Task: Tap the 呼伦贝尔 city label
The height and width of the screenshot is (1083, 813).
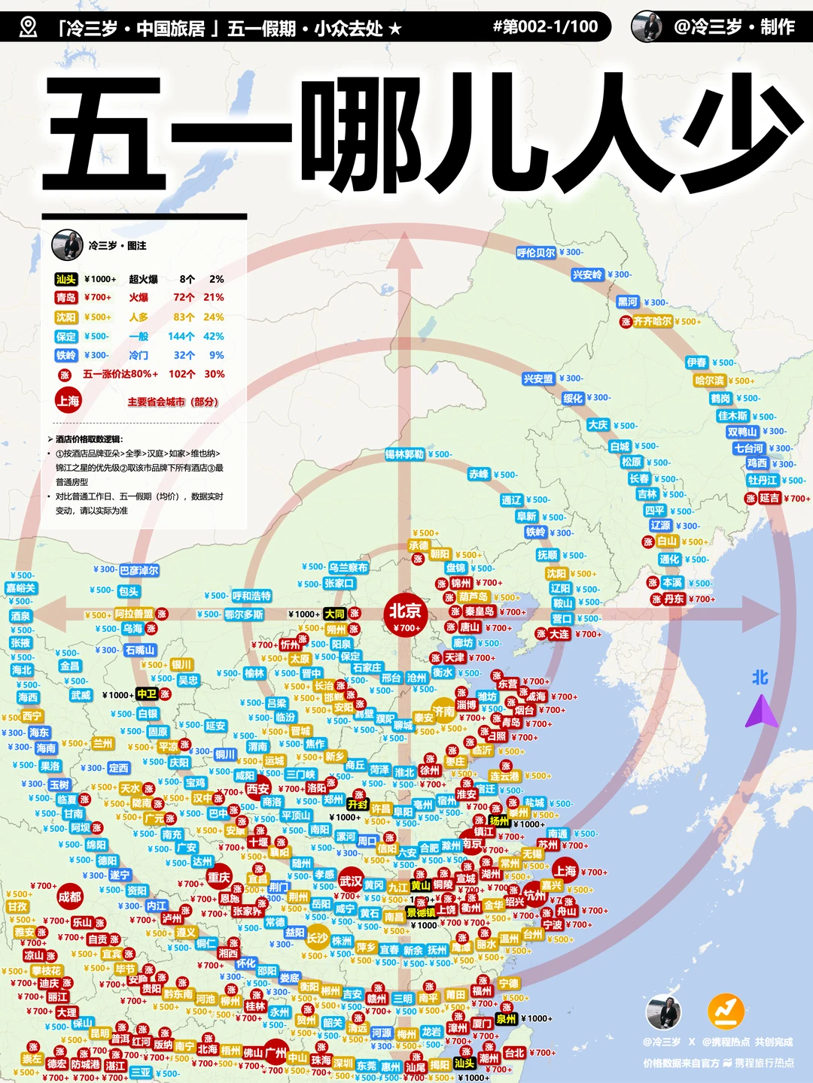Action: click(x=536, y=253)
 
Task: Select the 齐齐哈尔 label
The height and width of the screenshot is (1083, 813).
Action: click(x=652, y=321)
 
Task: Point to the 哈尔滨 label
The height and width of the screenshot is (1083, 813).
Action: click(x=709, y=381)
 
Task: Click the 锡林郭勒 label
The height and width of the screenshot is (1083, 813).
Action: click(x=405, y=454)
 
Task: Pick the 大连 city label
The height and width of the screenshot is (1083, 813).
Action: click(x=559, y=634)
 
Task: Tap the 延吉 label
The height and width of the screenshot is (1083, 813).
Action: click(x=769, y=498)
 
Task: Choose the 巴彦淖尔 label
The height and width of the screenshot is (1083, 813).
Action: click(x=139, y=570)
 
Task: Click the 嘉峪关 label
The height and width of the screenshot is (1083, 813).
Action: click(x=21, y=588)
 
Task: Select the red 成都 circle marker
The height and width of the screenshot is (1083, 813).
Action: click(x=69, y=896)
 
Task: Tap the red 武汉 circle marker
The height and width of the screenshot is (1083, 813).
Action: click(x=351, y=881)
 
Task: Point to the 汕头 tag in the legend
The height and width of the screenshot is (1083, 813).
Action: click(x=66, y=279)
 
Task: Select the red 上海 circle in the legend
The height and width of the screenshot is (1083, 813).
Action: click(x=68, y=401)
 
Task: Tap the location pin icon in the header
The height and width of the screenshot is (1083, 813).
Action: click(x=28, y=28)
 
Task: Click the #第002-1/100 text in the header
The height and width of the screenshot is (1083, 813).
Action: click(x=545, y=27)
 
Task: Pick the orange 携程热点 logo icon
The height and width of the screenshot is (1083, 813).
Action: click(x=726, y=1012)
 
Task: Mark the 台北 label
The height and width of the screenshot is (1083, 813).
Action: click(x=515, y=1053)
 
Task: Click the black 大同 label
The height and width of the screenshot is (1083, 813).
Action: click(x=334, y=614)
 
